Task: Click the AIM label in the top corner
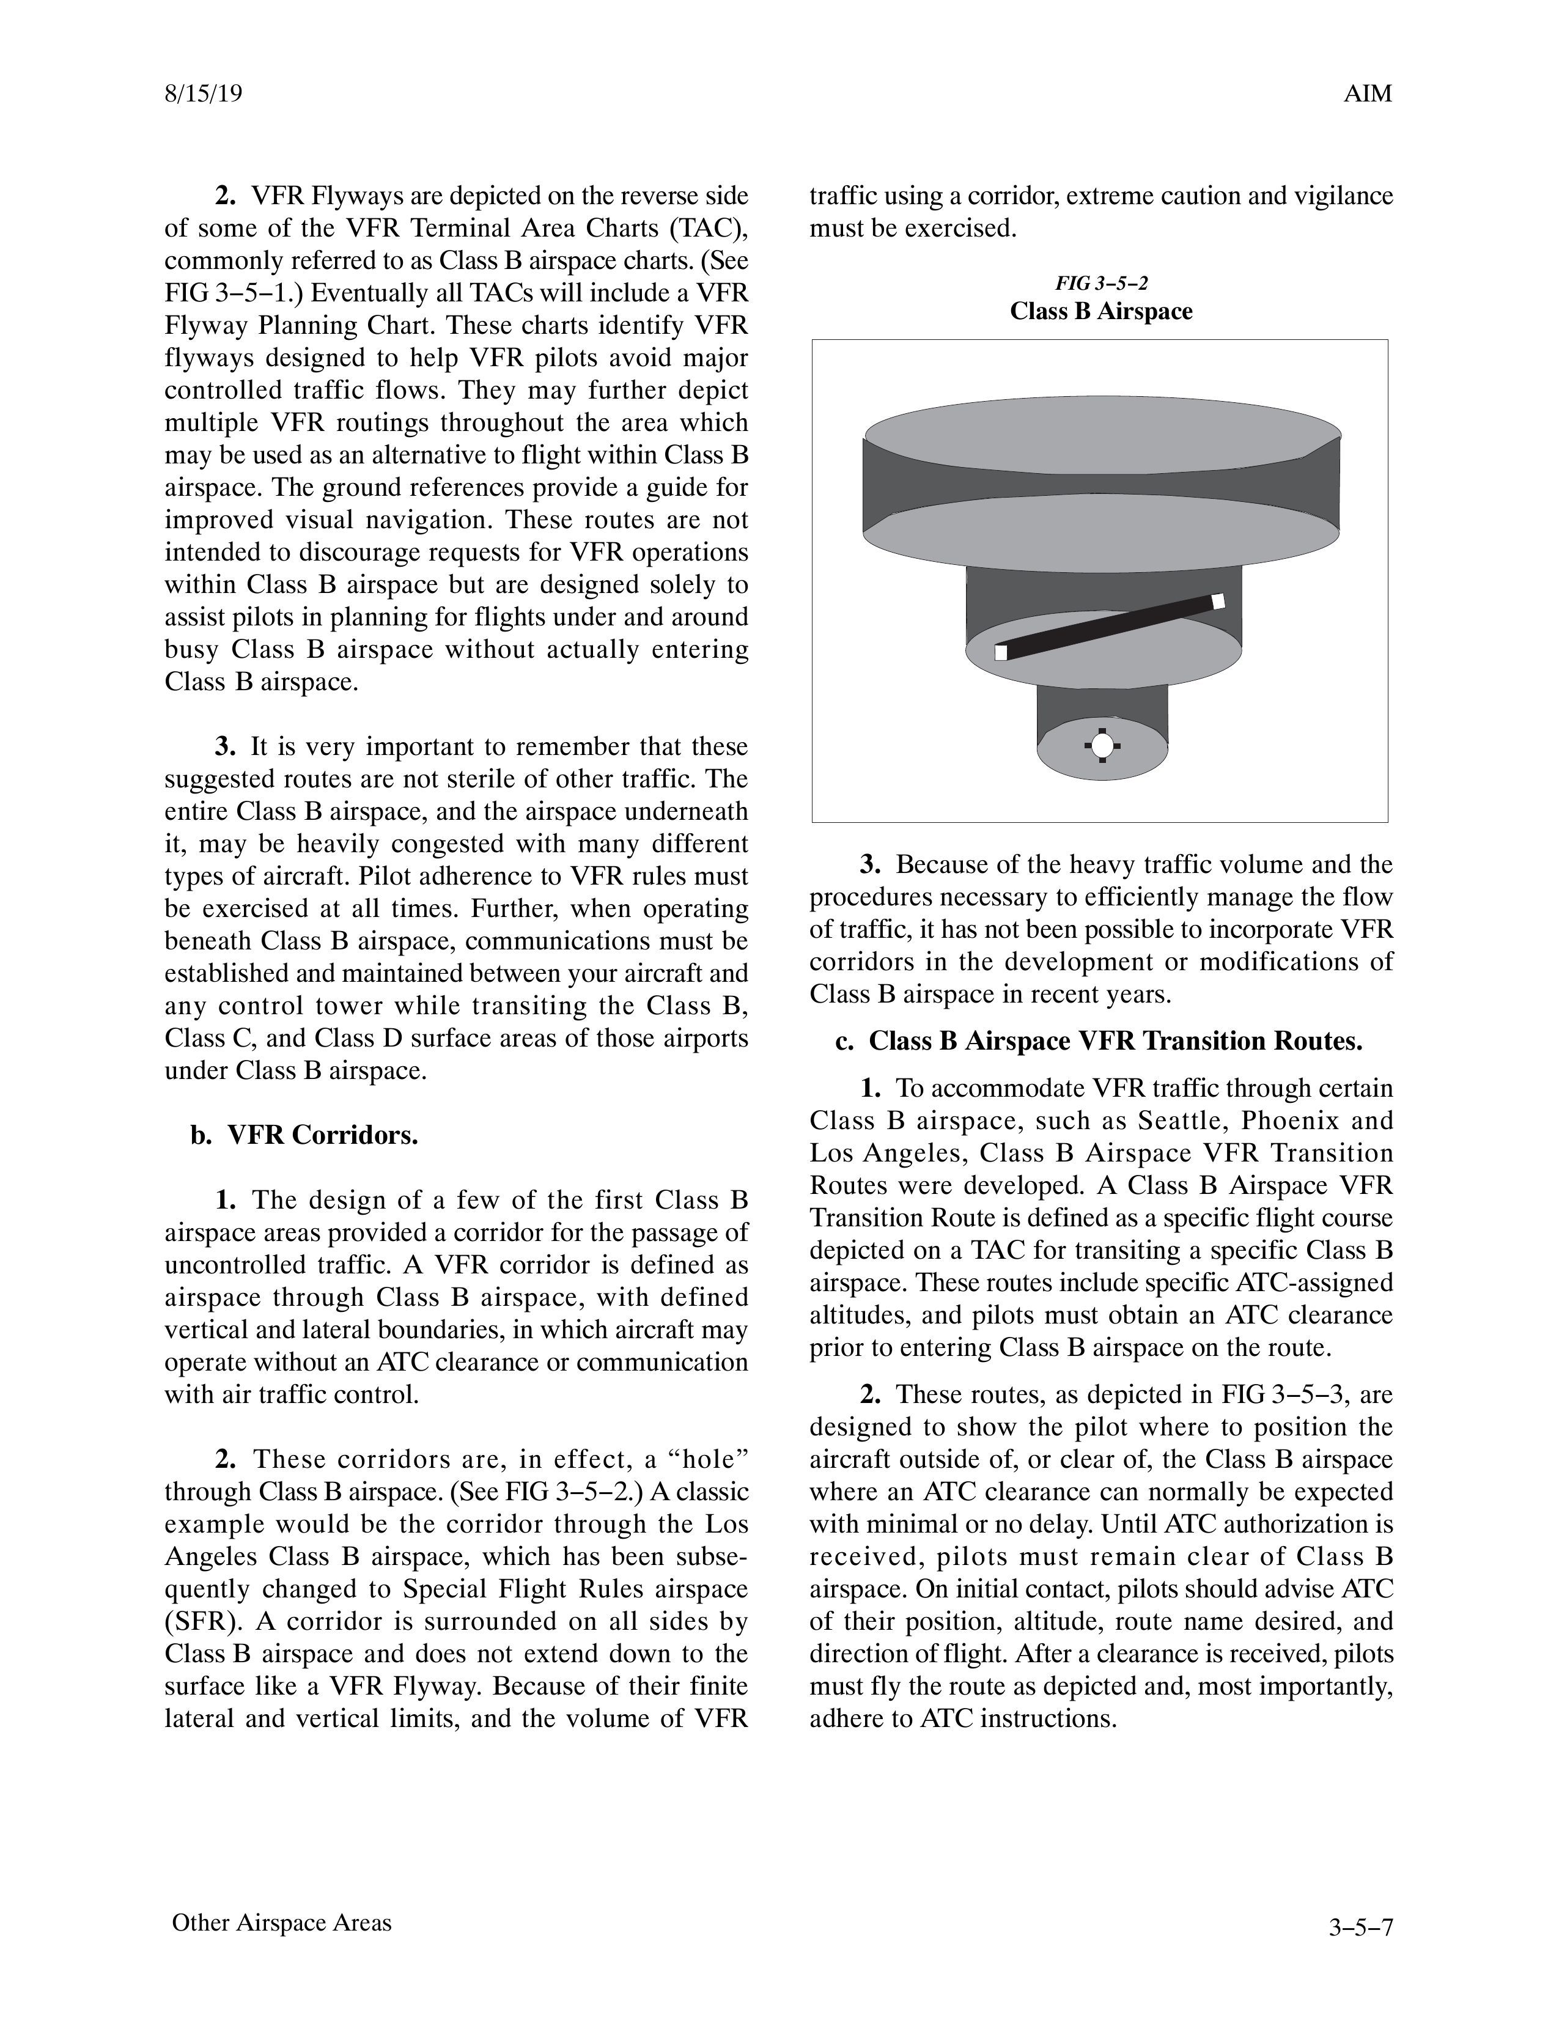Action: [1368, 94]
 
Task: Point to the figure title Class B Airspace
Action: [1100, 311]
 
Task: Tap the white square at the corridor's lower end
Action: [1001, 652]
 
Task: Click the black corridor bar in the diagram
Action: [1109, 627]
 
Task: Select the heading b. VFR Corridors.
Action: [305, 1135]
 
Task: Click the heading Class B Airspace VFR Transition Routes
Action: [1115, 1041]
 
